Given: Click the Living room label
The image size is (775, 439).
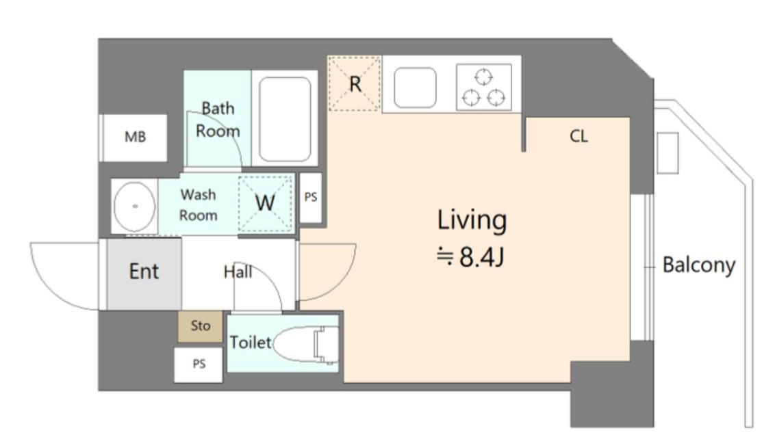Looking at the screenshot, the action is [x=472, y=221].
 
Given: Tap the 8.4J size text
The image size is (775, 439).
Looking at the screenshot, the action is [x=470, y=257].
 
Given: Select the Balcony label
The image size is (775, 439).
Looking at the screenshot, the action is [x=698, y=265].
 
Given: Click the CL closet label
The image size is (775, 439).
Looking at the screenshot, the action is [x=579, y=136].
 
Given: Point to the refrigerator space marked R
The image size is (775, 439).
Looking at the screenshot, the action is [x=355, y=83].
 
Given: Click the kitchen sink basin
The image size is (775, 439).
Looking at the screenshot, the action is [x=415, y=88].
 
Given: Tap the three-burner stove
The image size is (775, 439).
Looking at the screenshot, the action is [x=484, y=87].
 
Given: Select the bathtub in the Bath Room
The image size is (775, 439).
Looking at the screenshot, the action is [x=285, y=118].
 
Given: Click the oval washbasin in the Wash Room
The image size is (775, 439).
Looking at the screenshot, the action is [x=134, y=207].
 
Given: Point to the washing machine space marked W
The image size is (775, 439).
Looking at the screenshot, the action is [x=266, y=202].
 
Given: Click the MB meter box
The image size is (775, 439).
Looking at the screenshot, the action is [x=134, y=137].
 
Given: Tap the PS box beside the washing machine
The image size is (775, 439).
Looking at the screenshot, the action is [x=310, y=198].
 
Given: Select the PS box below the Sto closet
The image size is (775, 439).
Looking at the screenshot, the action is [x=199, y=364].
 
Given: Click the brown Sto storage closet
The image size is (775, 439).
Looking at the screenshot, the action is [x=200, y=326].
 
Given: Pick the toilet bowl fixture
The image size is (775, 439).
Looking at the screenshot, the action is [x=305, y=344].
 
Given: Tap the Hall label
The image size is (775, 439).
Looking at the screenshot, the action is [x=238, y=271].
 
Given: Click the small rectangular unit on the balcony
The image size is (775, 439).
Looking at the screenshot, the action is [x=668, y=152].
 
